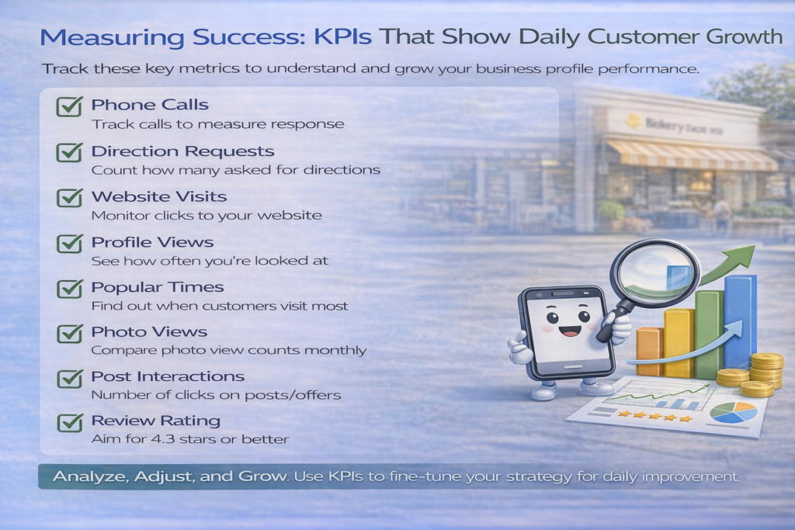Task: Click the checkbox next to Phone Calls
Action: pyautogui.click(x=69, y=106)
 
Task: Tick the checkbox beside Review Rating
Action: pyautogui.click(x=69, y=422)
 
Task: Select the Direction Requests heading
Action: pyautogui.click(x=182, y=151)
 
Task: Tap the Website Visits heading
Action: pyautogui.click(x=158, y=196)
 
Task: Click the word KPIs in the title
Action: pyautogui.click(x=342, y=37)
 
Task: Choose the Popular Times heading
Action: pyautogui.click(x=157, y=287)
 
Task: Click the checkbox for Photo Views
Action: pyautogui.click(x=69, y=333)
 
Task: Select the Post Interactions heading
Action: pyautogui.click(x=168, y=376)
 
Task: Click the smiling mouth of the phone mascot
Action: pyautogui.click(x=570, y=331)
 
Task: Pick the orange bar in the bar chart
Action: pyautogui.click(x=650, y=351)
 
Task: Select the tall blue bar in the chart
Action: pyautogui.click(x=740, y=322)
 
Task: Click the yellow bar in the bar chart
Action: pyautogui.click(x=679, y=343)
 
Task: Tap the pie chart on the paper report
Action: pyautogui.click(x=733, y=413)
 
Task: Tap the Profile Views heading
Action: pyautogui.click(x=152, y=242)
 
